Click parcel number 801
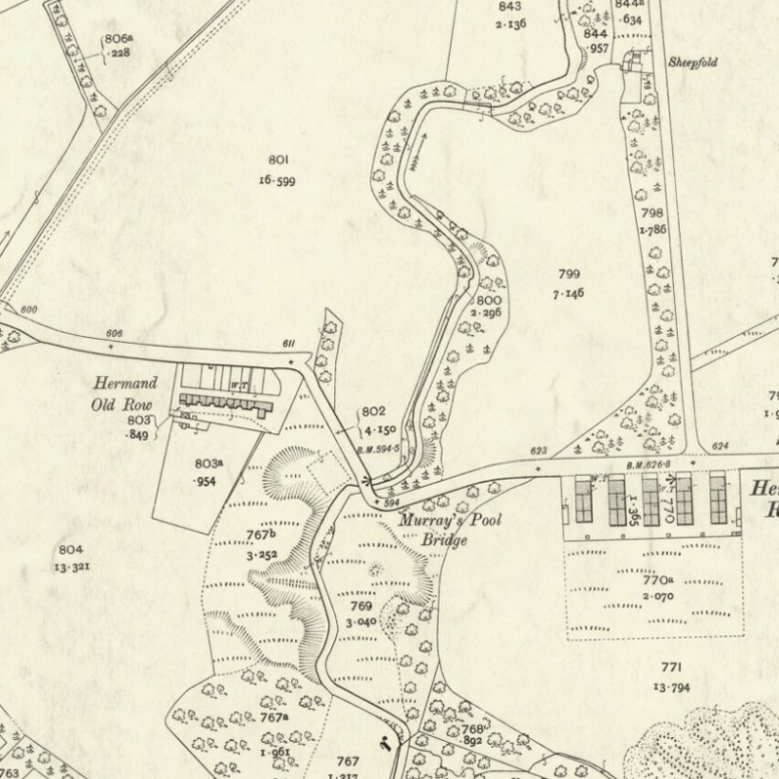coord(278,159)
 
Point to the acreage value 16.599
coord(278,180)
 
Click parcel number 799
coord(570,275)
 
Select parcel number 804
coord(69,550)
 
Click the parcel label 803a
coord(207,464)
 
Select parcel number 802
coord(374,412)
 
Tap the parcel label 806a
coord(118,38)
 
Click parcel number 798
coord(651,212)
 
